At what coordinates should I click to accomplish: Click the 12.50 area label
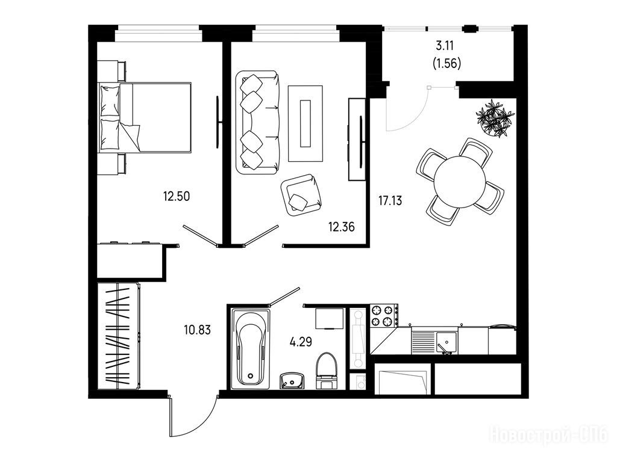tap(177, 196)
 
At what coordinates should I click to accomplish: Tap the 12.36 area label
tap(342, 227)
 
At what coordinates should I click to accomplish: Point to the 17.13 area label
tap(390, 201)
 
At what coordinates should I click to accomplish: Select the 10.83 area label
tap(198, 330)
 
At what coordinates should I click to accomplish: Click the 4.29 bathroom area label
tap(301, 342)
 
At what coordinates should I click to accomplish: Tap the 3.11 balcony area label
tap(445, 46)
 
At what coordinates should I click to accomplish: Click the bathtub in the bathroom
tap(250, 348)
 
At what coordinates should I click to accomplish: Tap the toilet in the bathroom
tap(327, 371)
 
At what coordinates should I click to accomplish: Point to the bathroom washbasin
tap(292, 381)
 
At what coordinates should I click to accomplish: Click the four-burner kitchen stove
tap(384, 316)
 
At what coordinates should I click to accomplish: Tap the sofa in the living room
tap(257, 122)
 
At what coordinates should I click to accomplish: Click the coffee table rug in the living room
tap(305, 123)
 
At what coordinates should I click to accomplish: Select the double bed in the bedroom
tap(145, 117)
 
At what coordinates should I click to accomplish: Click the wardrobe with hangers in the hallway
tap(119, 336)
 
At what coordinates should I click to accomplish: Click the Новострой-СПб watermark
tap(548, 436)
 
